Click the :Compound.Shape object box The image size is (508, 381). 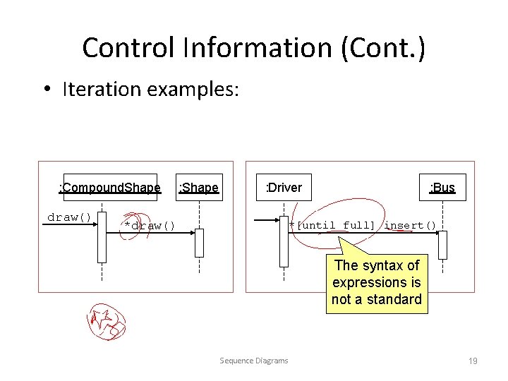point(109,188)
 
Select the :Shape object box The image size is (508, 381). point(199,188)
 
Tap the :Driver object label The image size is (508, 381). point(283,188)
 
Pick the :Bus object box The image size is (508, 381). point(442,188)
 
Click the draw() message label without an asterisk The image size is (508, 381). point(68,217)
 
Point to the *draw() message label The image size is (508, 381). point(149,226)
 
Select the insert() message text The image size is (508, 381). point(410,226)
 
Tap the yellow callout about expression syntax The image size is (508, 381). point(377,282)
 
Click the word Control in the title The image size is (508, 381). point(127,48)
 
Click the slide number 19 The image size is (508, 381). point(473,361)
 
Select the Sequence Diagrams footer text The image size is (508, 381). point(254,361)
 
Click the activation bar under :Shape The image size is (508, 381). point(199,243)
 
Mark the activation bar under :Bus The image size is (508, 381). point(442,245)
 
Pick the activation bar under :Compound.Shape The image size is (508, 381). point(102,236)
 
